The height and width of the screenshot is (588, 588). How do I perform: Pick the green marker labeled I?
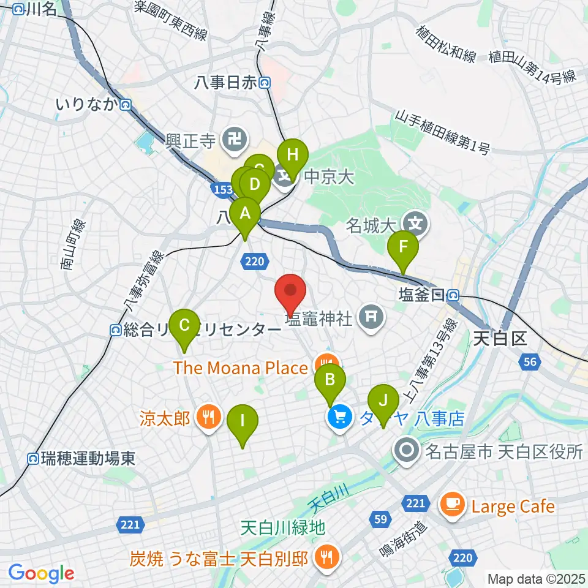click(x=243, y=423)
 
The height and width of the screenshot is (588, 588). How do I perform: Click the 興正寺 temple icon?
click(x=234, y=140)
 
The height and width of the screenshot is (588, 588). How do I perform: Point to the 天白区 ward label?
click(x=500, y=337)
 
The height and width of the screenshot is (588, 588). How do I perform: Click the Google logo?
click(x=41, y=573)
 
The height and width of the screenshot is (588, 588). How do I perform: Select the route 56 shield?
click(x=530, y=363)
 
